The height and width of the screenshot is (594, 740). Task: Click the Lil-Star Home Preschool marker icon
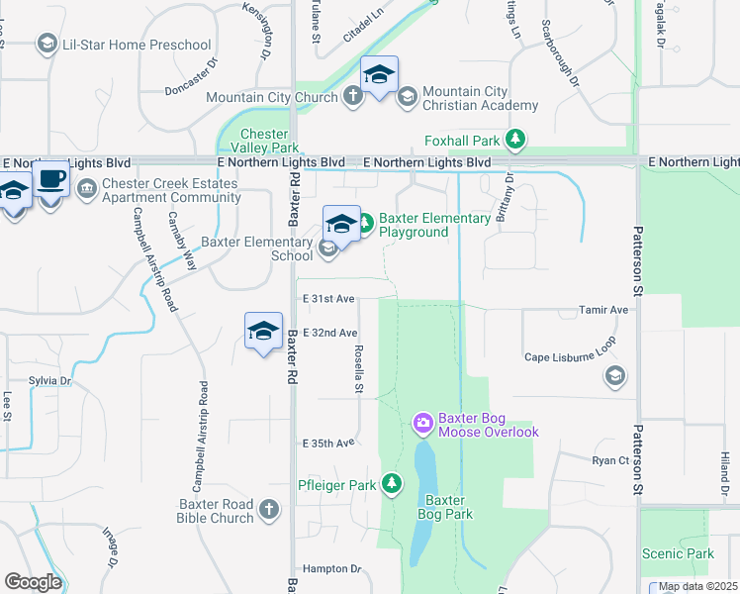tap(46, 45)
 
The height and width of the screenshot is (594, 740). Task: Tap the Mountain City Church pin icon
tap(354, 96)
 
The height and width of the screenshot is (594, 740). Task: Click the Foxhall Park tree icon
tap(514, 141)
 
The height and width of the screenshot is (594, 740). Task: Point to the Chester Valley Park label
tap(264, 141)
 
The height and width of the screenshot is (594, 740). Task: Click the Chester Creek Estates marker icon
tap(86, 185)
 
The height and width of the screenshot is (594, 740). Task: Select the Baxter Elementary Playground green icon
tap(363, 224)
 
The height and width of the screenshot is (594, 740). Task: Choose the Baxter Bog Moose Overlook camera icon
tap(423, 424)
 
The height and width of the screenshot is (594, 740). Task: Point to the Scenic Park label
tap(678, 553)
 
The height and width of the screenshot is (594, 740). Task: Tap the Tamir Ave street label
tap(604, 310)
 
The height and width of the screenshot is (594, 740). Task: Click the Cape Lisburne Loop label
tap(570, 357)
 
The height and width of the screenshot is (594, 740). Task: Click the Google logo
tap(33, 582)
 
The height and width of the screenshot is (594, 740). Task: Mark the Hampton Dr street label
tap(332, 568)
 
